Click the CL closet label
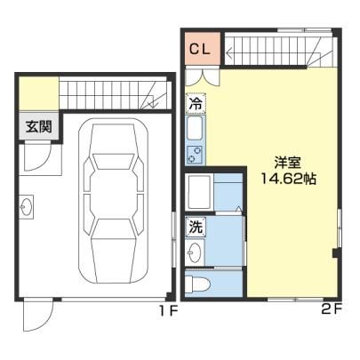tap(200, 49)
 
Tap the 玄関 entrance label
tap(39, 126)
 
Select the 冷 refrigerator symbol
tap(196, 104)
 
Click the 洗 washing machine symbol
tap(196, 227)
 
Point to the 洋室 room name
tap(287, 163)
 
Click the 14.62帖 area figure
tap(288, 179)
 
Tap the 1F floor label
tap(168, 311)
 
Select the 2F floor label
tap(332, 310)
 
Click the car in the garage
tap(113, 201)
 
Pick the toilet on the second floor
tap(197, 283)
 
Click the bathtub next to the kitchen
tap(199, 192)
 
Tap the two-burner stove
tap(195, 156)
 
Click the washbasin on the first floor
tap(27, 206)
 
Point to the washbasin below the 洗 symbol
tap(196, 252)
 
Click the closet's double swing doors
tap(203, 76)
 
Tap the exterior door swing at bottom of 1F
tap(38, 316)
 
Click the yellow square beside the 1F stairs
tap(39, 93)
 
